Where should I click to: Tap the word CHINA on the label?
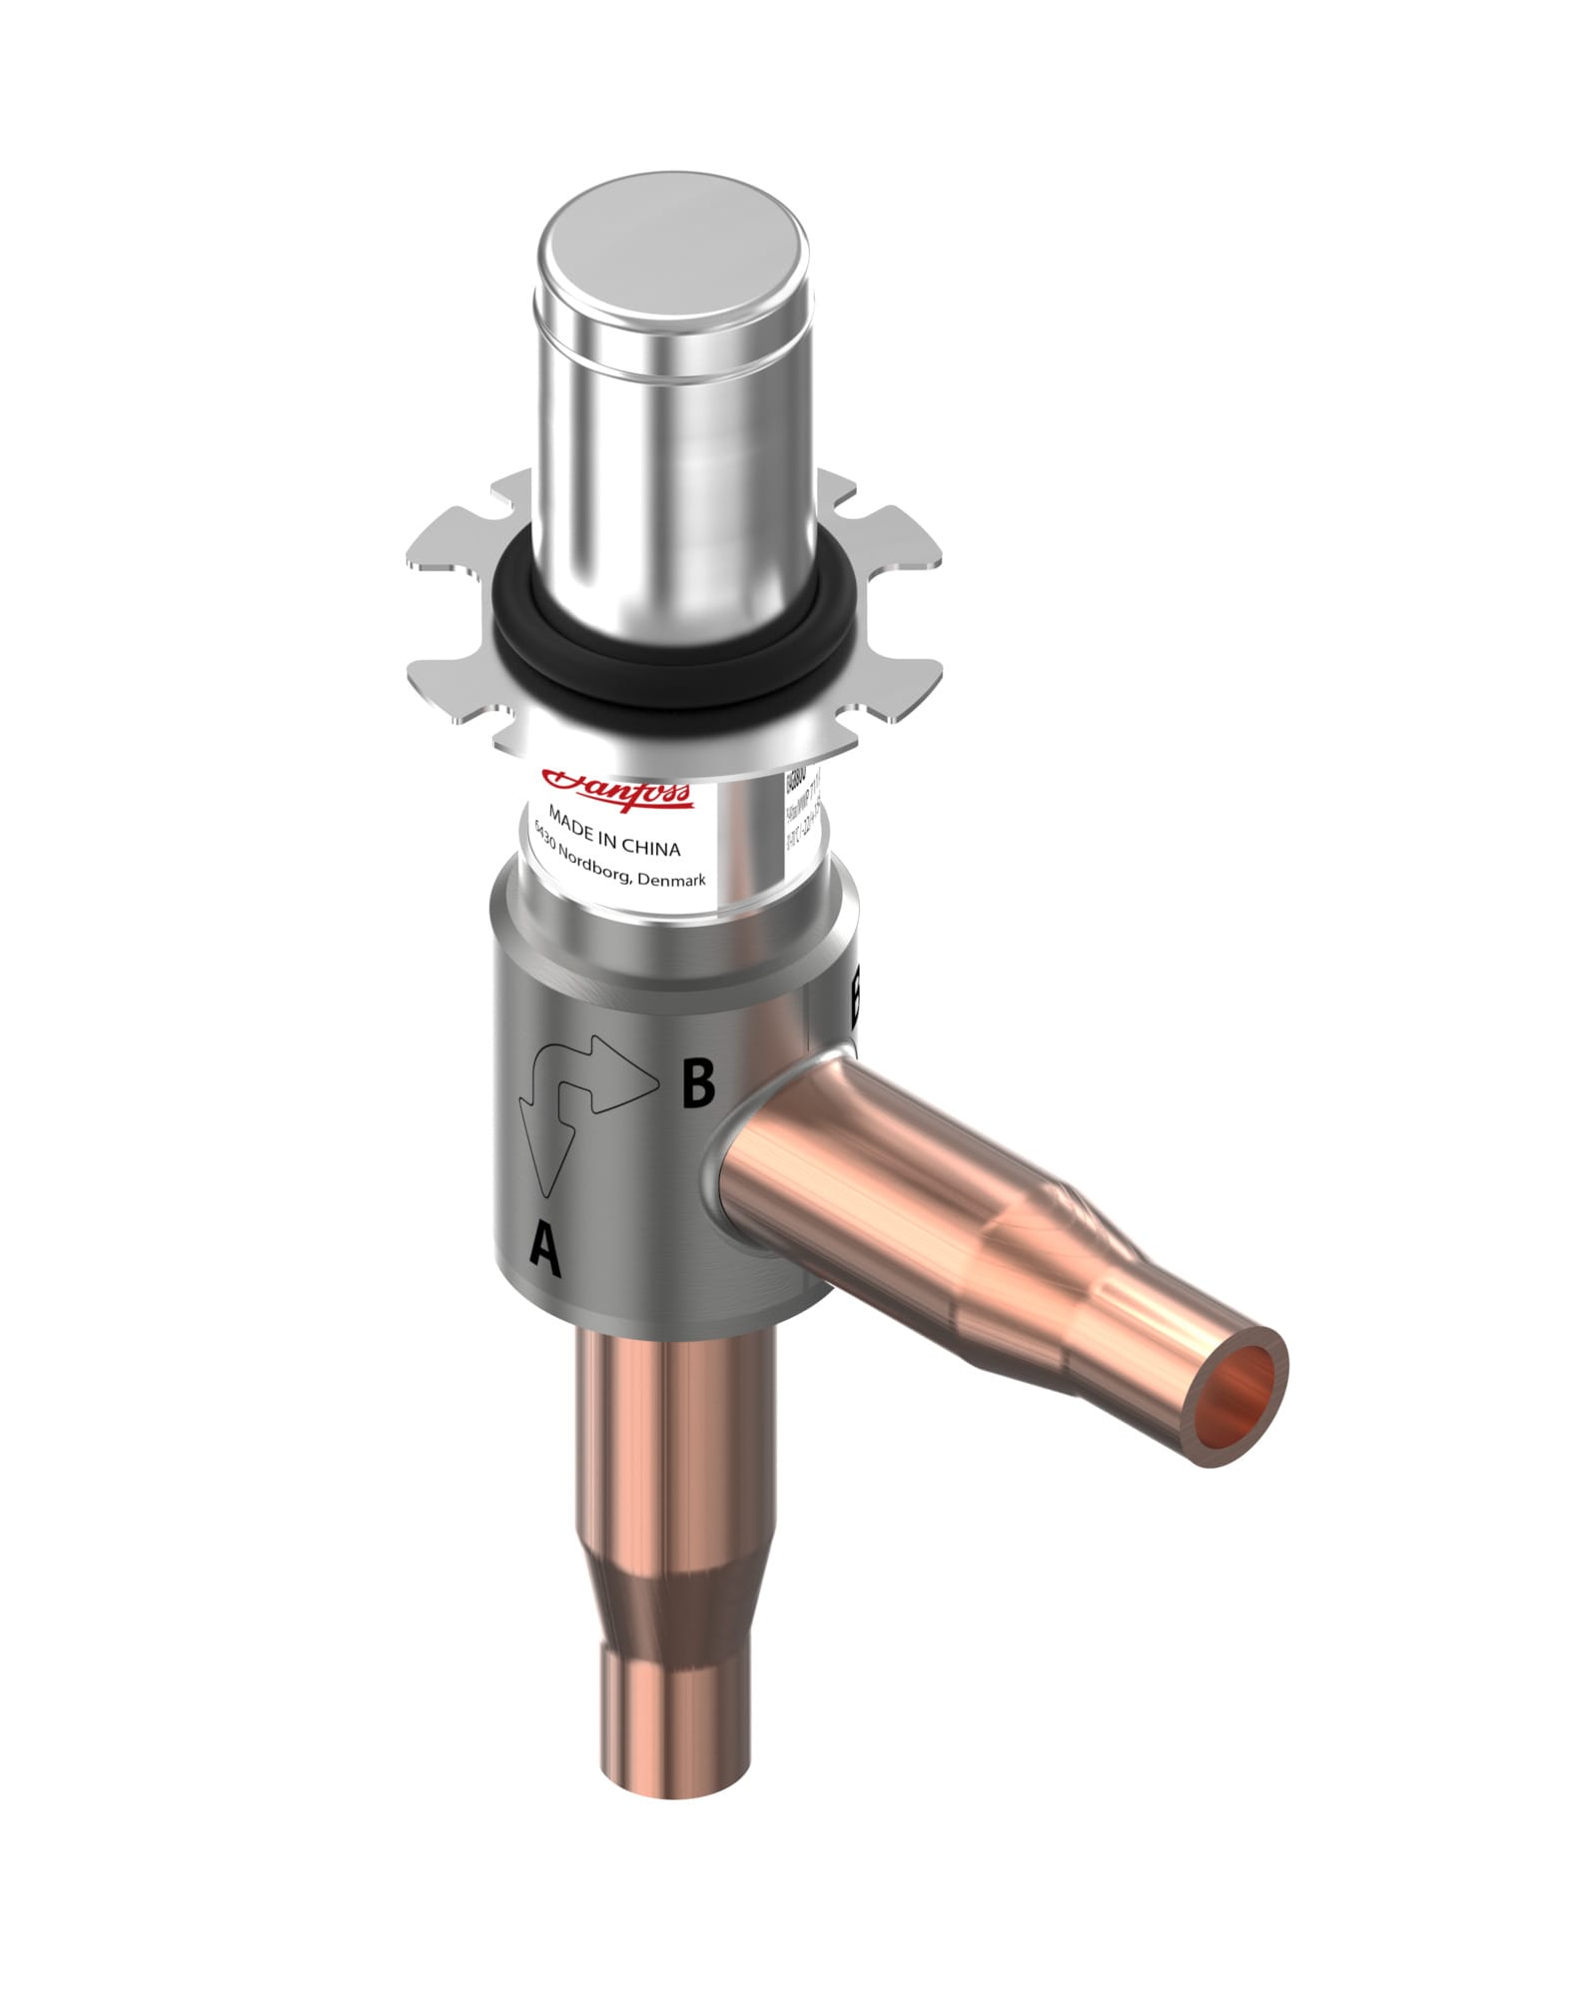[x=651, y=845]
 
